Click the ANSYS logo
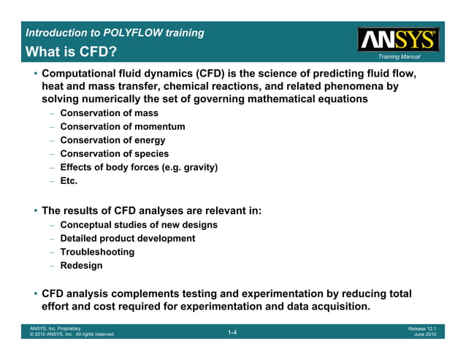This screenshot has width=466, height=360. coord(398,39)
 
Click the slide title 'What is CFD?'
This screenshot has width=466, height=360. coord(71,53)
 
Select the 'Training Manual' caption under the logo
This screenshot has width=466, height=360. coord(399,56)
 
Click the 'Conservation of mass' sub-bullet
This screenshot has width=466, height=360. coord(109,113)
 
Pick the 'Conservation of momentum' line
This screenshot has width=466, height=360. coord(122,126)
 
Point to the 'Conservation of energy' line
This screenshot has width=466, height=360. coord(112,140)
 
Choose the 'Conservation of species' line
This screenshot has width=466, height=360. coord(114,153)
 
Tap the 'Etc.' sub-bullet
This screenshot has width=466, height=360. coord(69,180)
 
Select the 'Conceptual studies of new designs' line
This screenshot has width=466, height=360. coord(139,225)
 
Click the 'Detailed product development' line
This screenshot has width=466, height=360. coord(127,238)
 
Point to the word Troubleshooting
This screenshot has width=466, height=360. coord(97,252)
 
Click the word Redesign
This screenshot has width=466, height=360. coord(81,266)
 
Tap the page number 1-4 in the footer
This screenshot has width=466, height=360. coord(232,333)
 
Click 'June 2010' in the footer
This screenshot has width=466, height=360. coord(424,335)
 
